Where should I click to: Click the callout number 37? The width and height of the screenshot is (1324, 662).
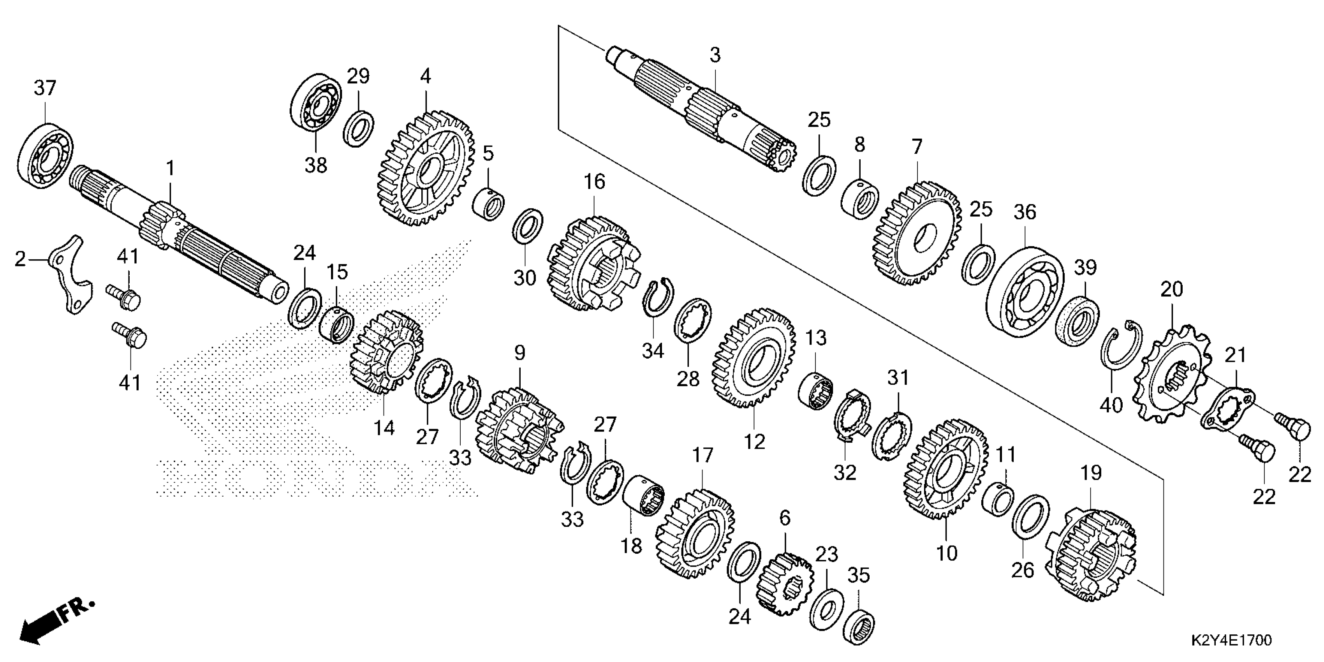tap(45, 88)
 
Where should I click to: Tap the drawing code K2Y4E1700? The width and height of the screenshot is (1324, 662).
tap(1231, 641)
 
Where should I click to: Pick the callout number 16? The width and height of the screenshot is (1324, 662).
tap(594, 181)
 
